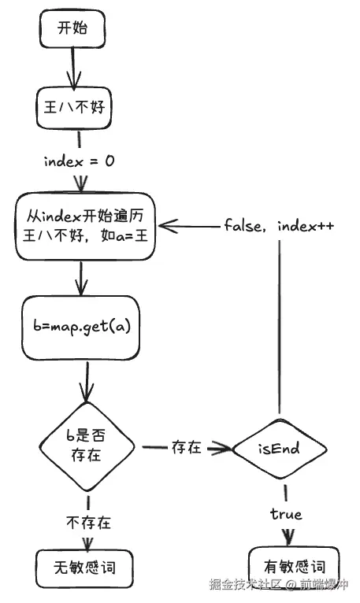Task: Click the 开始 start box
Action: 72,30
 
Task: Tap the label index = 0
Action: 80,161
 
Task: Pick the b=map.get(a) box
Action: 83,324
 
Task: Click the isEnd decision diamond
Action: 279,449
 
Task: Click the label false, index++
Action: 279,226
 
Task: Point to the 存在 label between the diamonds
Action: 187,448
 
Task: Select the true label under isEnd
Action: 286,514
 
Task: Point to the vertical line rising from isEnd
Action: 278,331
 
